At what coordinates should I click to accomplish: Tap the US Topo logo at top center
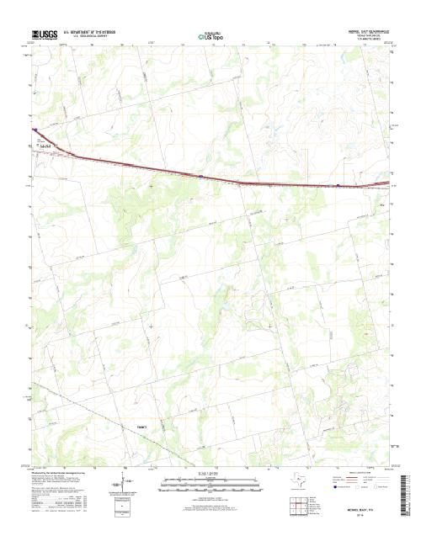click(210, 36)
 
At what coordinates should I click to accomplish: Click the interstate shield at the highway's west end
click(35, 130)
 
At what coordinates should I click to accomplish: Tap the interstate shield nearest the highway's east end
click(337, 186)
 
